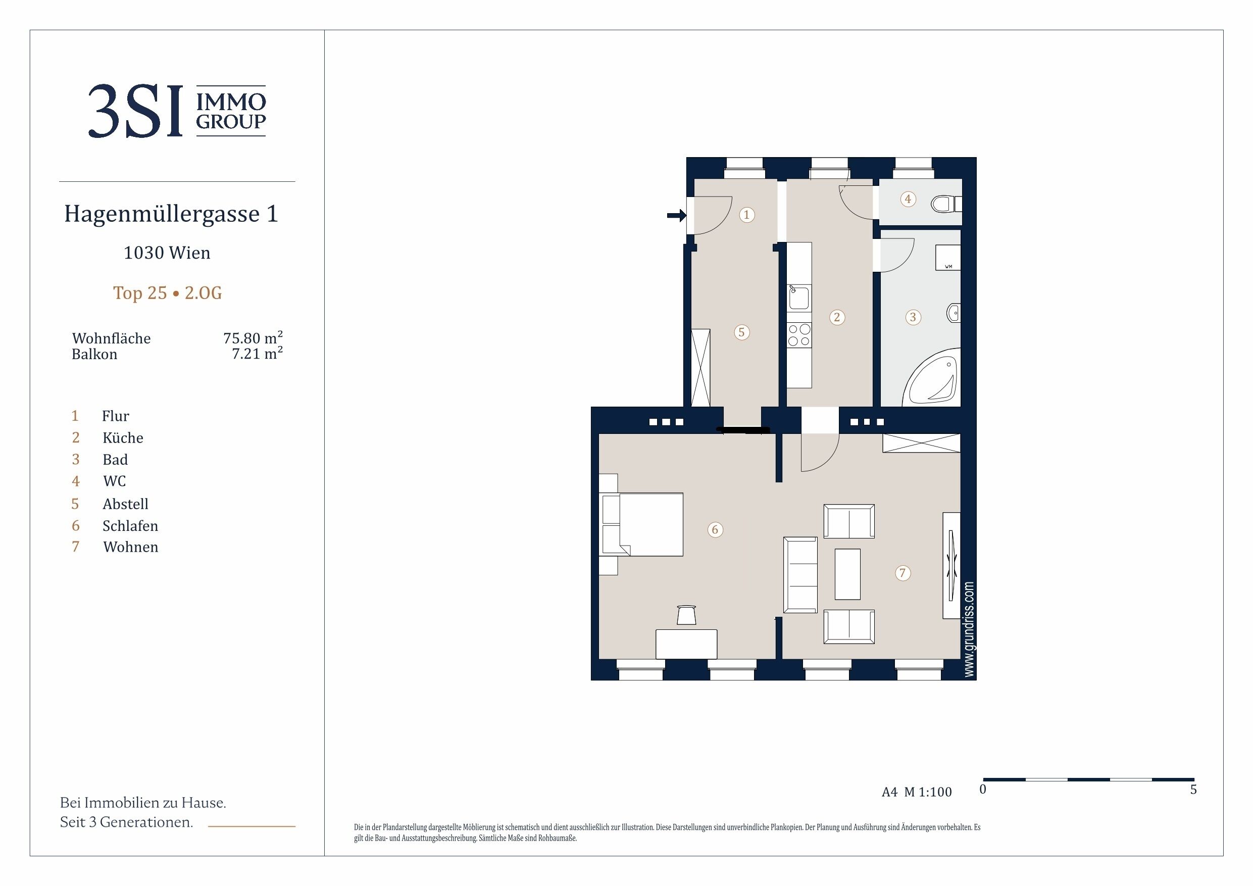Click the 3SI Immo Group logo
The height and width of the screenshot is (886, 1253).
(177, 111)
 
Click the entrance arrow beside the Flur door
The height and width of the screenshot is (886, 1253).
(677, 216)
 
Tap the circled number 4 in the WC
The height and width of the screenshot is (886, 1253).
(908, 199)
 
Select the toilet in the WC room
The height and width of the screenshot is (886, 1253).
(946, 204)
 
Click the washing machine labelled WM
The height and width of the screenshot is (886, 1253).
(948, 258)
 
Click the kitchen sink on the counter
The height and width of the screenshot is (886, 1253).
(799, 298)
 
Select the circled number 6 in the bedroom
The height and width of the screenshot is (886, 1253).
(715, 529)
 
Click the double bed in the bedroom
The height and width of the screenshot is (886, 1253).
(642, 525)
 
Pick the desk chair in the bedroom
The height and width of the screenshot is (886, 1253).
(686, 615)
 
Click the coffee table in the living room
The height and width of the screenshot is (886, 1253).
(847, 574)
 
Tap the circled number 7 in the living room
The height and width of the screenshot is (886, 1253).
(903, 573)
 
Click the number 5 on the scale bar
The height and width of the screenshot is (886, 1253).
(1193, 790)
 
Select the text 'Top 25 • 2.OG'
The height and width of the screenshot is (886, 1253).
(168, 293)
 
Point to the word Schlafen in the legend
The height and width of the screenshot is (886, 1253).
(130, 526)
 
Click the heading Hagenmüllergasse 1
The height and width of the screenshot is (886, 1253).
(171, 214)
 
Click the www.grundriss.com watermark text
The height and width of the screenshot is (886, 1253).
(969, 629)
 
